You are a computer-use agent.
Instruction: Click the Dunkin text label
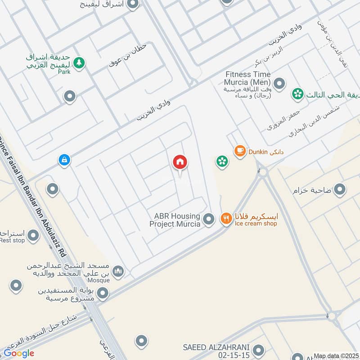click(258, 152)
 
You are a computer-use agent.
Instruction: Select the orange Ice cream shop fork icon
click(225, 219)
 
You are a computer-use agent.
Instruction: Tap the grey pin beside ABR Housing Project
click(208, 219)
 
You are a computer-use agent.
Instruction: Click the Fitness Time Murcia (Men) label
click(248, 79)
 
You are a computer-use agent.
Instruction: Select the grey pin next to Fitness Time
click(279, 83)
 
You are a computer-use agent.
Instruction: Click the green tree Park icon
click(79, 63)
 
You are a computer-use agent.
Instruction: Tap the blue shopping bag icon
click(64, 160)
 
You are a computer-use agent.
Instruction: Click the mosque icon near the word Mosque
click(118, 271)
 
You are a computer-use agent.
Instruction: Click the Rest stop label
click(13, 240)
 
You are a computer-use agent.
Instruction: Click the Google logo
click(19, 353)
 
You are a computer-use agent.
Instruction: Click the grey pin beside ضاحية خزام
click(340, 190)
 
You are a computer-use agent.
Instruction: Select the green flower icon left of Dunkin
click(221, 161)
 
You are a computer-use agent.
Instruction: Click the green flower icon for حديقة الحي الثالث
click(297, 94)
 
